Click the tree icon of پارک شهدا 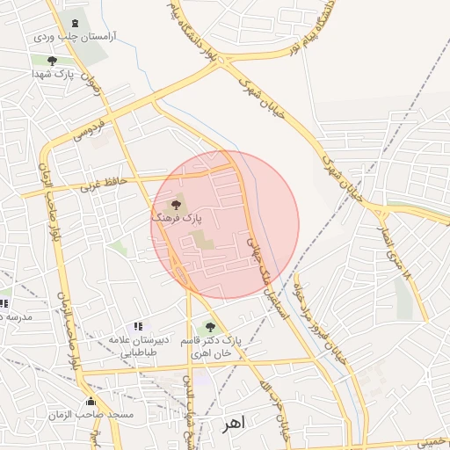coord(52,61)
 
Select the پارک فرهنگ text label coord(177,216)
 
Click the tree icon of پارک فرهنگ coord(175,204)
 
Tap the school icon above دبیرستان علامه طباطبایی coord(137,327)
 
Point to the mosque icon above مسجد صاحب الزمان coord(91,401)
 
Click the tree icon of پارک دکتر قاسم coord(209,327)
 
